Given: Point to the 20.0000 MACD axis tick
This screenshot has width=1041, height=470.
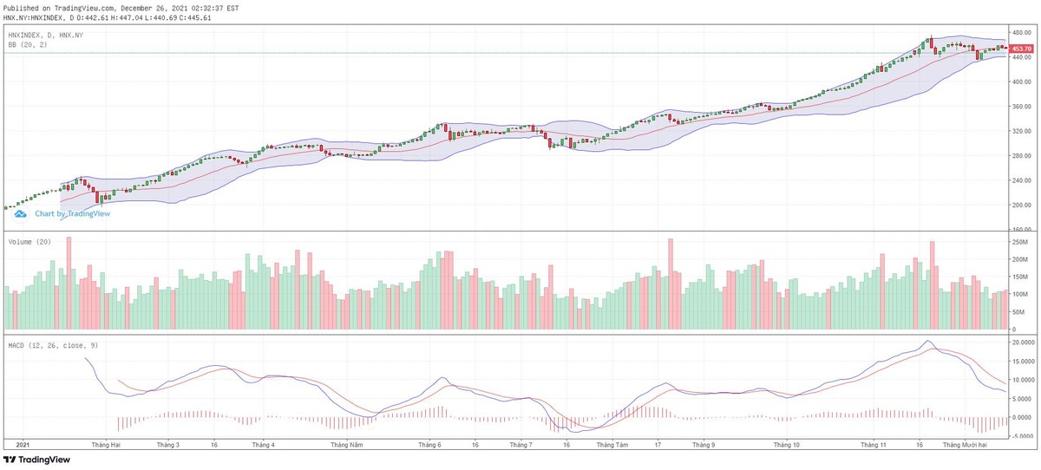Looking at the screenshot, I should pos(1026,343).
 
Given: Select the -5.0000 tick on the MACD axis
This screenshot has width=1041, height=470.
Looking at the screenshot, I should pos(1026,436).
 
